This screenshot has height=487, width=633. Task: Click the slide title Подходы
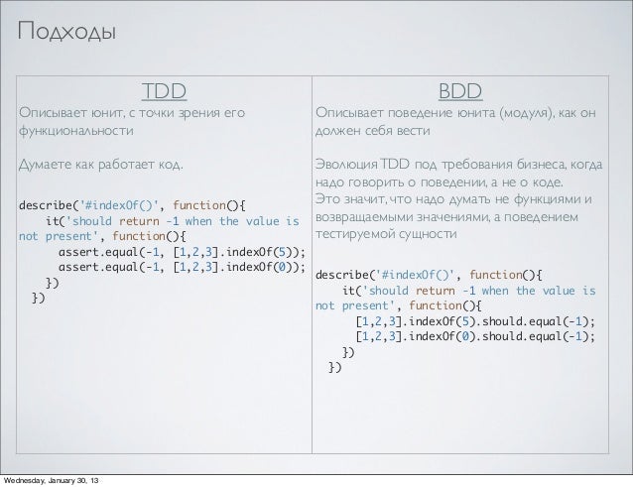65,33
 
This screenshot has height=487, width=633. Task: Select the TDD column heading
164,92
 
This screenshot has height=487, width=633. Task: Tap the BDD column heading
460,92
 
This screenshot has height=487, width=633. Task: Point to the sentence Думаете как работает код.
101,163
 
